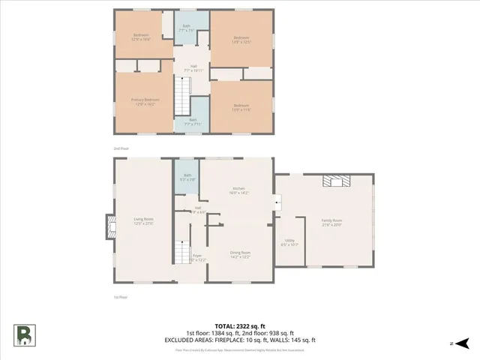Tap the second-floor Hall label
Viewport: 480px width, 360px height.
coord(193,68)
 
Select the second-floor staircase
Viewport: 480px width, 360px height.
coord(181,96)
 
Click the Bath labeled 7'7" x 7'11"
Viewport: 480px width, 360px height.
coord(193,121)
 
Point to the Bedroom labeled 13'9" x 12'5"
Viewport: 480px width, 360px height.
coord(241,40)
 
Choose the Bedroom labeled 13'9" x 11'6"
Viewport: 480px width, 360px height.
coord(241,106)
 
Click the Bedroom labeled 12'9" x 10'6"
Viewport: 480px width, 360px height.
coord(142,37)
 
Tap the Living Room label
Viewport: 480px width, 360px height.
coord(144,220)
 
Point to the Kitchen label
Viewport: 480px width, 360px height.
coord(238,190)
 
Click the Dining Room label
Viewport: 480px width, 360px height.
coord(240,255)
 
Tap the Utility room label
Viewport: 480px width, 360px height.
coord(289,242)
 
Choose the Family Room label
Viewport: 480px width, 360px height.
coord(331,222)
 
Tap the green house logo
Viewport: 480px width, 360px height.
coord(25,335)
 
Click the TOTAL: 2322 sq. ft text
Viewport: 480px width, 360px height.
coord(240,325)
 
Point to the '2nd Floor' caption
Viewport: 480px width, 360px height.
coord(121,148)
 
